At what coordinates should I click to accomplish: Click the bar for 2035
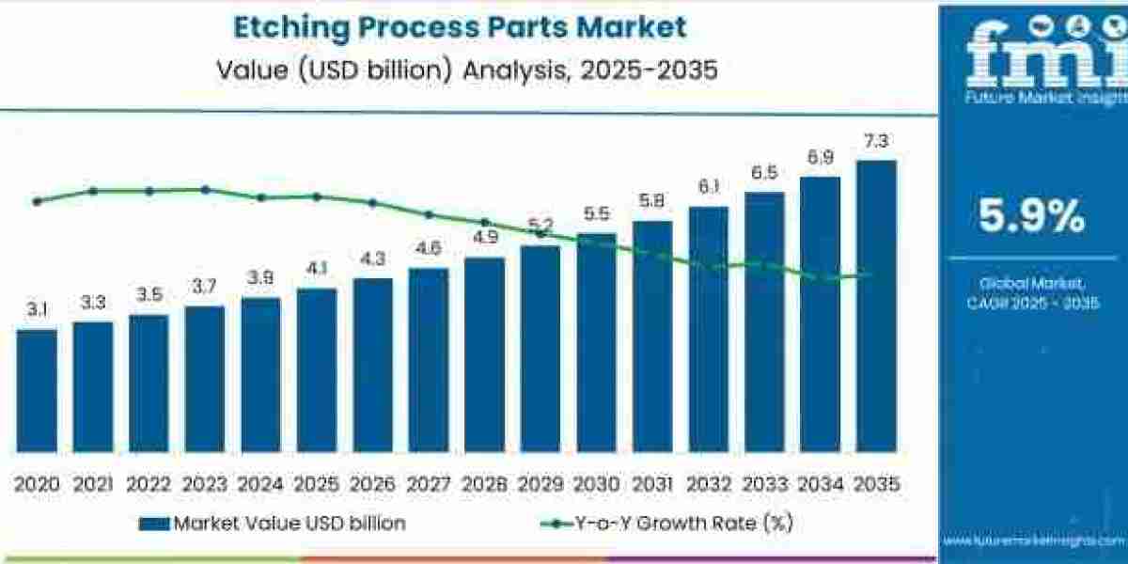pyautogui.click(x=876, y=305)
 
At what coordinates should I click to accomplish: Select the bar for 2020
pyautogui.click(x=37, y=389)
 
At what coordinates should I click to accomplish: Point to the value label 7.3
pyautogui.click(x=876, y=142)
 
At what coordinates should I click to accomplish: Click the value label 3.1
pyautogui.click(x=37, y=309)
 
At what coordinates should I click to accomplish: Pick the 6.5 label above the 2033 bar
pyautogui.click(x=764, y=173)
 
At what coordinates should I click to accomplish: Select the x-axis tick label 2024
pyautogui.click(x=260, y=484)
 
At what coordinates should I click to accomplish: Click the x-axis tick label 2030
pyautogui.click(x=596, y=484)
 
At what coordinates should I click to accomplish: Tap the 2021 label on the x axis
pyautogui.click(x=92, y=484)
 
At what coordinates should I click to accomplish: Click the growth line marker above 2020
pyautogui.click(x=37, y=201)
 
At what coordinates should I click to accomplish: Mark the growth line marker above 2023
pyautogui.click(x=205, y=189)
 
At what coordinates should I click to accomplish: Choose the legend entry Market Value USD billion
pyautogui.click(x=273, y=524)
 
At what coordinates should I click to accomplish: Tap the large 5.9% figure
pyautogui.click(x=1031, y=217)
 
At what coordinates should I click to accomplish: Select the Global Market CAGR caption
pyautogui.click(x=1031, y=292)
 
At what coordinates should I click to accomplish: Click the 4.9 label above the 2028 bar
pyautogui.click(x=485, y=238)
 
